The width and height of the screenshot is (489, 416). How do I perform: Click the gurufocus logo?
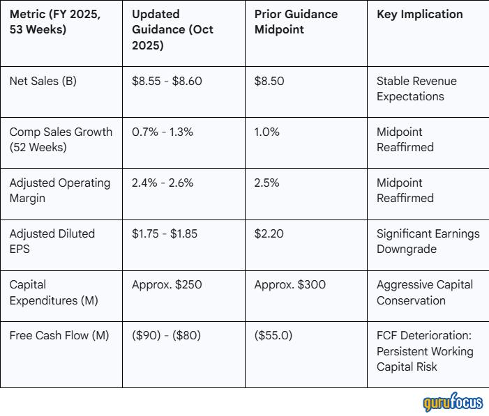pyautogui.click(x=452, y=403)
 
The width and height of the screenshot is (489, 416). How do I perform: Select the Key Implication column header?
pyautogui.click(x=419, y=14)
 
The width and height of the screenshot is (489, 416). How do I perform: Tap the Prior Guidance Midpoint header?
pyautogui.click(x=296, y=22)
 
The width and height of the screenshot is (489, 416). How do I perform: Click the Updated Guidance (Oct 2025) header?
pyautogui.click(x=173, y=29)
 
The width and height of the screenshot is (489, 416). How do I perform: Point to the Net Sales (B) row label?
pyautogui.click(x=43, y=81)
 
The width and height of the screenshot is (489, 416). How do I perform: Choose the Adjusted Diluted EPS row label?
pyautogui.click(x=52, y=241)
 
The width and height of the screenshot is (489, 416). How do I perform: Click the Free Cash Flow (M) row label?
pyautogui.click(x=59, y=335)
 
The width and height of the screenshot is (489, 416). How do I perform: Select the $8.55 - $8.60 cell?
pyautogui.click(x=167, y=81)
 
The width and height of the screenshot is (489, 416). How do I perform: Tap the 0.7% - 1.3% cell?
pyautogui.click(x=163, y=132)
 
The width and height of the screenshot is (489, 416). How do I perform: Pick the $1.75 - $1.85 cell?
pyautogui.click(x=165, y=233)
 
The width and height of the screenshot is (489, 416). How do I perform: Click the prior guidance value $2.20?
pyautogui.click(x=269, y=233)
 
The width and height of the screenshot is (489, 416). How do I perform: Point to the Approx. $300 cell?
pyautogui.click(x=289, y=284)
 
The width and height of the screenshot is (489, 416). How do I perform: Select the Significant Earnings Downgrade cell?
pyautogui.click(x=428, y=241)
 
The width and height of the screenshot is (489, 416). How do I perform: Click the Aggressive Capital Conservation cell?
pyautogui.click(x=424, y=293)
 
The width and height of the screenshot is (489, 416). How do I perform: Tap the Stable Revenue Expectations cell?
pyautogui.click(x=416, y=88)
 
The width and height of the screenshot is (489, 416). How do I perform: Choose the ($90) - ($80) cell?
pyautogui.click(x=166, y=335)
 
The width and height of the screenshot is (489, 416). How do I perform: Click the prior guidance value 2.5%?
pyautogui.click(x=266, y=183)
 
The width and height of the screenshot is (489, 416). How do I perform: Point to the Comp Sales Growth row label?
pyautogui.click(x=61, y=139)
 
